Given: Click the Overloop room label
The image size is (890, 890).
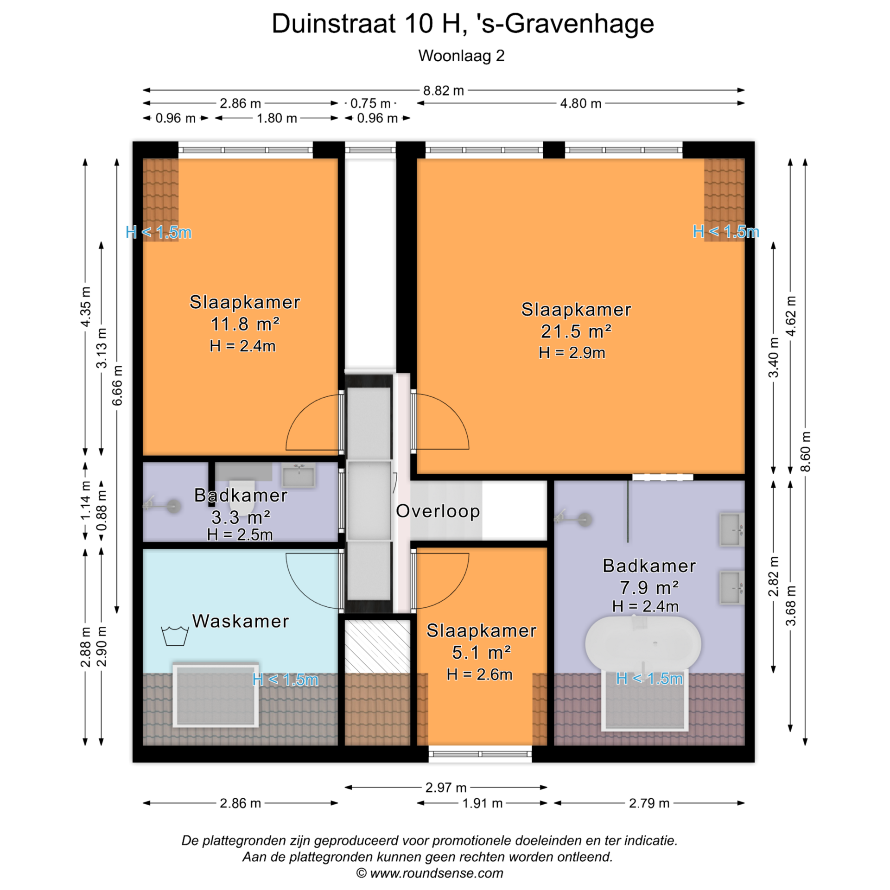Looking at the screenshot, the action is coord(438,511).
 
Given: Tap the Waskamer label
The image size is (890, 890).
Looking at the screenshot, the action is coord(241,621).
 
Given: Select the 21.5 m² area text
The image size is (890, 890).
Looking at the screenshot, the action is coord(576,331).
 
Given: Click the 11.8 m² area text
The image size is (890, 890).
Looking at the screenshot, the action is coord(245,324).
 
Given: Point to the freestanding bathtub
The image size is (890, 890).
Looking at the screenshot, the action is coord(643,643).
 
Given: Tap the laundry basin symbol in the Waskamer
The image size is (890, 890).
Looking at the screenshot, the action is coord(175,636).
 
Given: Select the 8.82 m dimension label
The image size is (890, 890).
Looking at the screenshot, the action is coord(444,90).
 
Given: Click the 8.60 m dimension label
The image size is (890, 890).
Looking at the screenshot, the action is coord(806,451).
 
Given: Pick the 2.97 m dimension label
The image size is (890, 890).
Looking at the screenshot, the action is coord(446,788).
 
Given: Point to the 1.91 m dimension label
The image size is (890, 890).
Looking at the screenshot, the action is coord(482,803).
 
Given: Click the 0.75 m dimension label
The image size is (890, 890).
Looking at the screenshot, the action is coord(370,103).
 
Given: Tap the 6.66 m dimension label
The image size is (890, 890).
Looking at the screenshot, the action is coord(117,385).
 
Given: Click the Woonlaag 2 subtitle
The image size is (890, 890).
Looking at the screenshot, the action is coord(461,56).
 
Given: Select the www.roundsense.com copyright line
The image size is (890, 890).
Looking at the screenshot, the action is coord(430,873).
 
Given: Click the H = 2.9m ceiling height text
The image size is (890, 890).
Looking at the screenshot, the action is coord(572,353).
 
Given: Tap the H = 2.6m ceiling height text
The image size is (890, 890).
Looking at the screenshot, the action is coord(479,675).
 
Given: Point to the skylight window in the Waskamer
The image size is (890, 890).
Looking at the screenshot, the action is coord(216,695).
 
